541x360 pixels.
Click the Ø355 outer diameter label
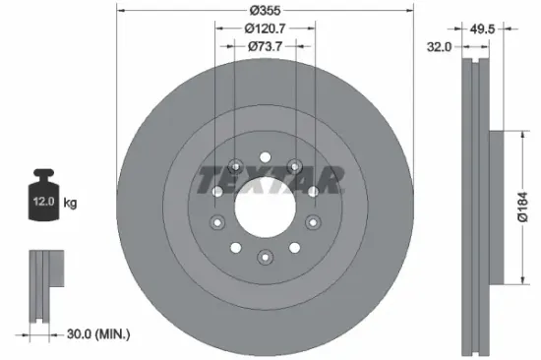click(x=265, y=9)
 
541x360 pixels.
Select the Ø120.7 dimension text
click(x=265, y=29)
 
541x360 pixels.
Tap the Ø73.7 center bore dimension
click(x=265, y=46)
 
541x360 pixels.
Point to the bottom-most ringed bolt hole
click(x=265, y=258)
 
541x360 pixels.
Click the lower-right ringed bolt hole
click(x=312, y=223)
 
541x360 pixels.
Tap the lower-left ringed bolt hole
click(x=217, y=223)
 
